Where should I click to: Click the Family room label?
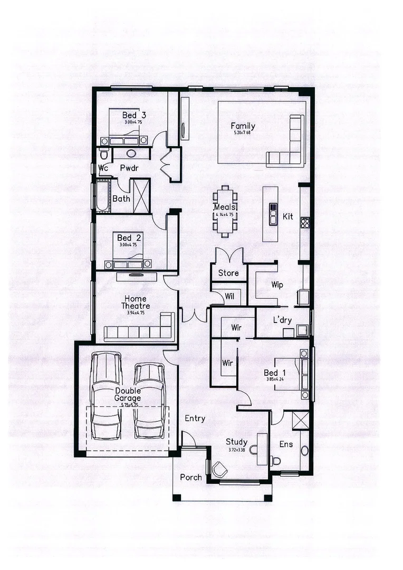243,126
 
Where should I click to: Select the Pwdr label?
129,168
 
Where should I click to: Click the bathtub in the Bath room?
102,197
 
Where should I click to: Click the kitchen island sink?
273,214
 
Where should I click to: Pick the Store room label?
228,273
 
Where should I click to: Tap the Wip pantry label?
277,285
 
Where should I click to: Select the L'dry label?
282,320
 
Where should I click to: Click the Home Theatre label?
136,302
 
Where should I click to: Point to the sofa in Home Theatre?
140,331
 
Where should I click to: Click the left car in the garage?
107,396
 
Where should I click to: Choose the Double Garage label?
128,394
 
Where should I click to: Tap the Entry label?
195,419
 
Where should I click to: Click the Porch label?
190,477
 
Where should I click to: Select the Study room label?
236,442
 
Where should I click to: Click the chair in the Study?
218,468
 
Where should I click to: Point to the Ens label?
285,444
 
